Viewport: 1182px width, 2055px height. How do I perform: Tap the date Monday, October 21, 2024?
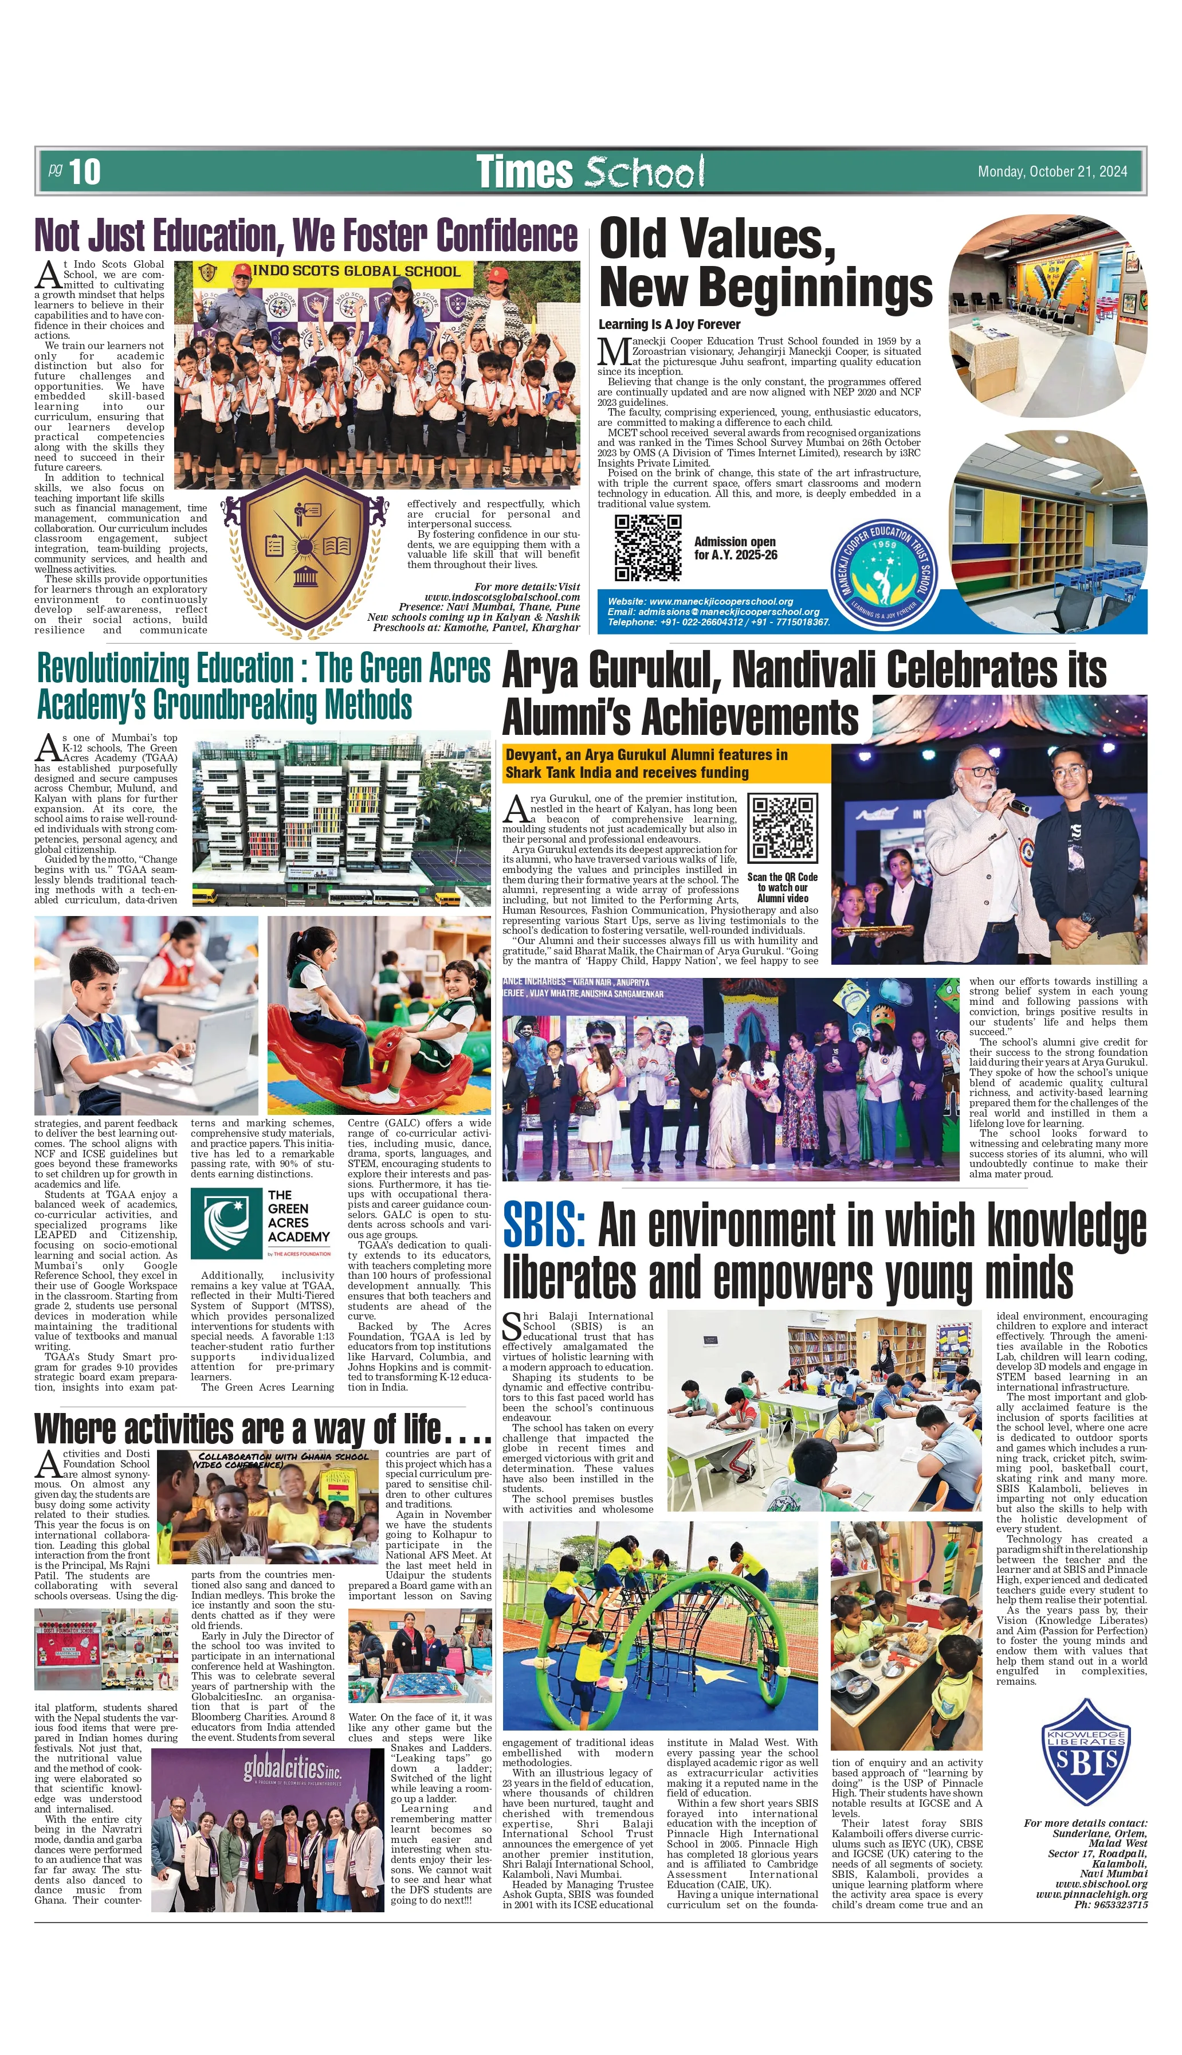[1052, 171]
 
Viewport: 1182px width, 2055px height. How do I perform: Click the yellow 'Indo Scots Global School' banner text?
[356, 271]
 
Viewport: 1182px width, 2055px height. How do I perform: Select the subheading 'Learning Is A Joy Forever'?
[669, 324]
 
